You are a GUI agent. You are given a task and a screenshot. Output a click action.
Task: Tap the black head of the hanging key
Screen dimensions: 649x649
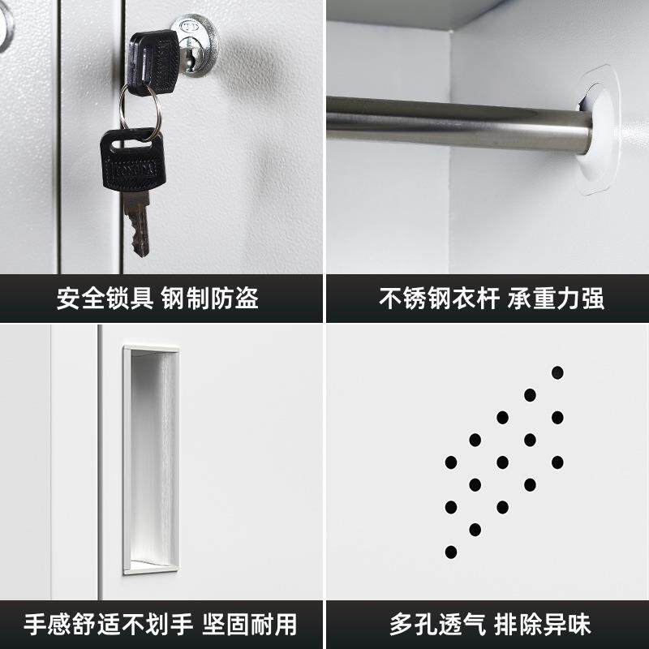pos(132,160)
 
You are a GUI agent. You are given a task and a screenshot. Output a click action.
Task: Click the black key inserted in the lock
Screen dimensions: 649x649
pos(153,62)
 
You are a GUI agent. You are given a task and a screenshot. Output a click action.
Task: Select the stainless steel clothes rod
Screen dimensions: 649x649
pos(458,123)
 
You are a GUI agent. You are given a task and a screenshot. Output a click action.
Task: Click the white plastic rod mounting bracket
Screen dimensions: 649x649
pos(597,131)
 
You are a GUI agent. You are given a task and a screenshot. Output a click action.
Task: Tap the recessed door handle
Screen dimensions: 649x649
pos(152,459)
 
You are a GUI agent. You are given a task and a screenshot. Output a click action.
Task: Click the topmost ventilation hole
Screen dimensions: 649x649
pos(557,372)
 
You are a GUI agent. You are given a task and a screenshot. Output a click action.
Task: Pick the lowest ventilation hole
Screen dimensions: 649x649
pos(451,552)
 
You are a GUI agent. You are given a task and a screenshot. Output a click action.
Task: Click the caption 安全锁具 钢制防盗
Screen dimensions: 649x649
pos(157,298)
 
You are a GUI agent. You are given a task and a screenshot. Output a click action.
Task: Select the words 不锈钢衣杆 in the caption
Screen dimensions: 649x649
pos(439,298)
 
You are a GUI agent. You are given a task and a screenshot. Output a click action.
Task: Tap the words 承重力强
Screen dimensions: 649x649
pos(556,298)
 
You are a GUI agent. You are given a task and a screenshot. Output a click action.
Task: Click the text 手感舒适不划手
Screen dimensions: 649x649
pos(108,624)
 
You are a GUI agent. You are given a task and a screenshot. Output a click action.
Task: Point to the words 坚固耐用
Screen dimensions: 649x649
pos(250,624)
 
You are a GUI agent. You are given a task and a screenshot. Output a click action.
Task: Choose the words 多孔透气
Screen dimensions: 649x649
pos(437,624)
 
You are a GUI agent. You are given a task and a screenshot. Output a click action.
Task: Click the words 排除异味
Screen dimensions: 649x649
pos(542,624)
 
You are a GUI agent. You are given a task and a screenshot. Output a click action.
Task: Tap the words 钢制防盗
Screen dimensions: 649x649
pos(210,298)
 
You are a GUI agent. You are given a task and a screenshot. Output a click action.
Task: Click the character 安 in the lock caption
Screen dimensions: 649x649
pos(68,298)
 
